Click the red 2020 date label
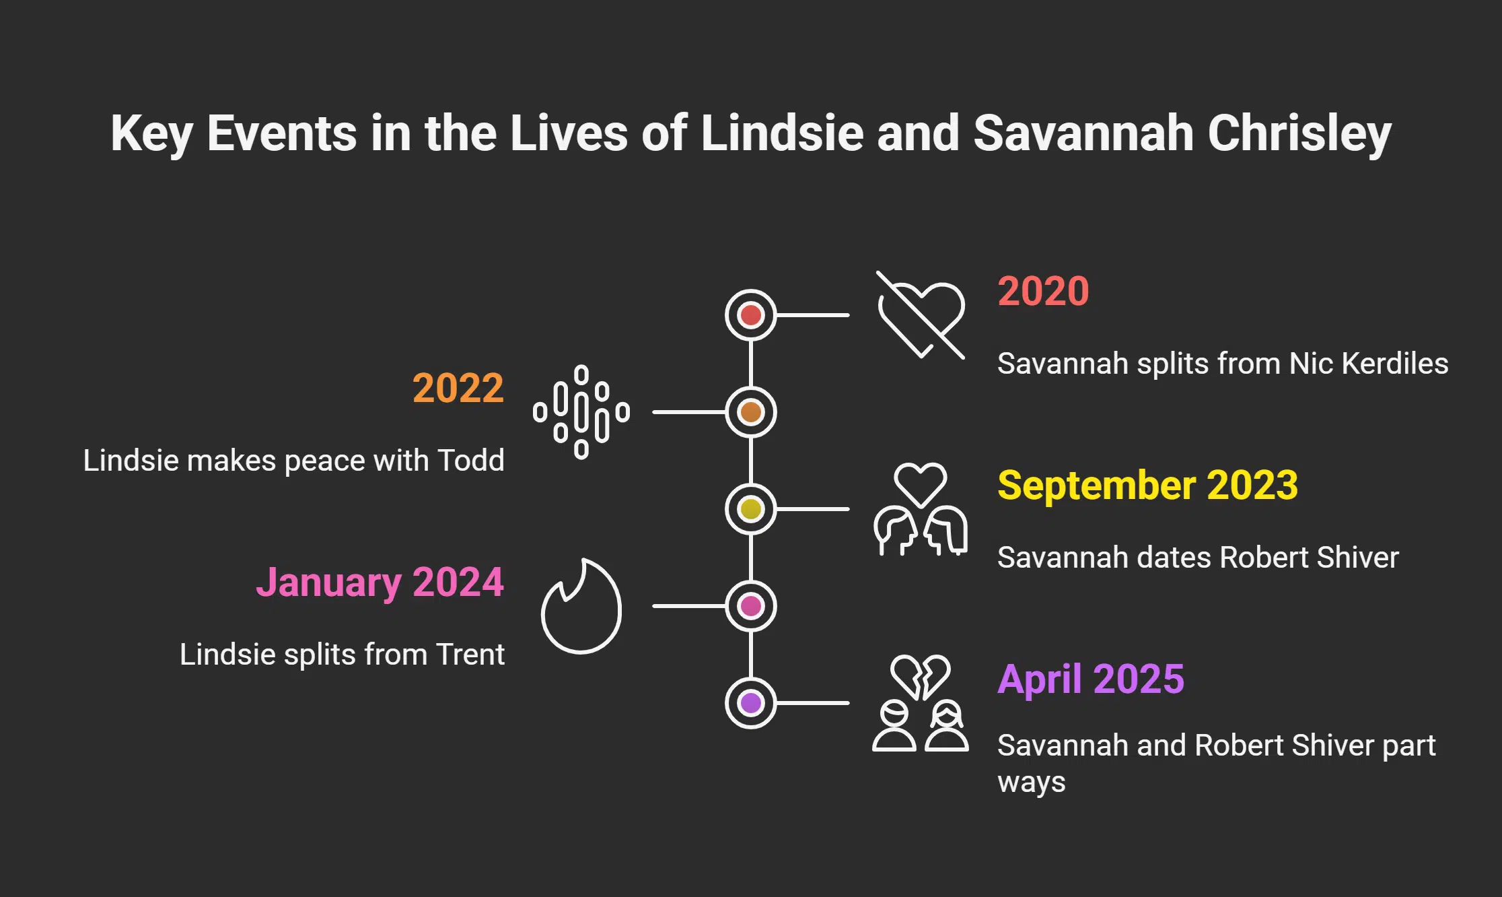(1043, 291)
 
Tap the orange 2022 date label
(458, 388)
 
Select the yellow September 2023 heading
(1147, 485)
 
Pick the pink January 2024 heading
(380, 582)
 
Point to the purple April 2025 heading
(1090, 678)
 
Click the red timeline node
(750, 315)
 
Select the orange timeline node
(750, 412)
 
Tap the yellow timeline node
(750, 509)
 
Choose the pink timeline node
(750, 606)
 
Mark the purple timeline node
(750, 703)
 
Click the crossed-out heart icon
(921, 315)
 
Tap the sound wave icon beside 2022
(581, 412)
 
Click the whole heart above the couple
(920, 484)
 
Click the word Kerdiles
(1394, 364)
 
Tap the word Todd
(470, 461)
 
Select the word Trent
(470, 655)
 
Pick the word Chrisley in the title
(1299, 133)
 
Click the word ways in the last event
(1031, 783)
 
